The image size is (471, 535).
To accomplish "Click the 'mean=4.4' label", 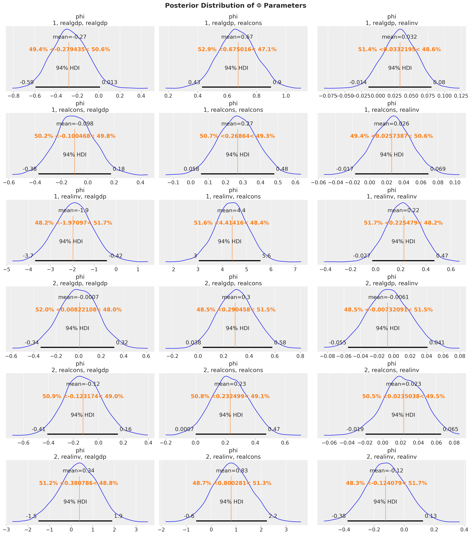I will point(231,210).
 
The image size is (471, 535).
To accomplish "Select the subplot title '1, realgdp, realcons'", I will point(233,23).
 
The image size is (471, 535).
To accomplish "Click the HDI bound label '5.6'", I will point(267,256).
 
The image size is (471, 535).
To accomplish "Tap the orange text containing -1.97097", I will point(73,223).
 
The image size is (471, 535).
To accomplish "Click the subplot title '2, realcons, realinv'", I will point(391,370).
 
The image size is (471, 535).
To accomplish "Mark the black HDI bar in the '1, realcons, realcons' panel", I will point(238,174).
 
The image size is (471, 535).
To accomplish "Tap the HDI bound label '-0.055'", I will point(337,342).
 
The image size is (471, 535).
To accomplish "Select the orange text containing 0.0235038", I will point(403,397).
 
